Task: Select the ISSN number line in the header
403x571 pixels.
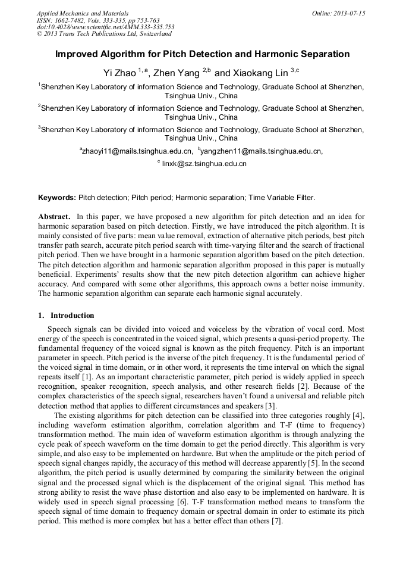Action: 97,20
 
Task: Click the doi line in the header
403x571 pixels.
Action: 105,27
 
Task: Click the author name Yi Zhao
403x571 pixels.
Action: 119,73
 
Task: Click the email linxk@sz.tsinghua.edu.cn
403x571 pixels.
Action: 204,163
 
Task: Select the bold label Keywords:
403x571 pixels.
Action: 57,197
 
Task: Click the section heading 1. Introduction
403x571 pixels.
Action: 66,315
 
